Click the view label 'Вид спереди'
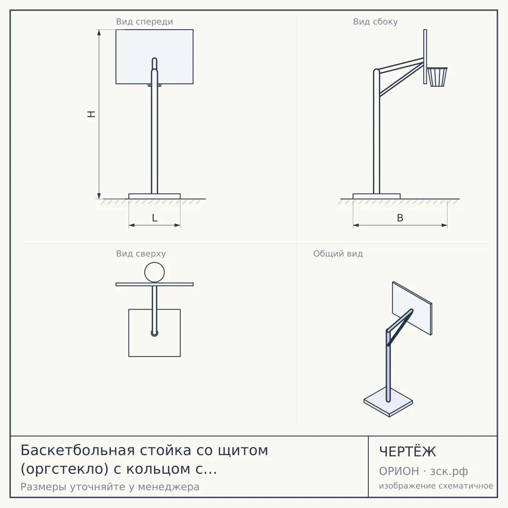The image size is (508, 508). click(144, 22)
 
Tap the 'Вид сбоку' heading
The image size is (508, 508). click(375, 22)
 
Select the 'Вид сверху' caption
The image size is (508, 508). click(141, 254)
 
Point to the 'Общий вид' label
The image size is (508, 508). click(338, 254)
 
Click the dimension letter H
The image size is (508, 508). click(91, 114)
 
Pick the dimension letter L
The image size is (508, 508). click(155, 218)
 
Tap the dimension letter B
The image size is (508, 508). click(400, 218)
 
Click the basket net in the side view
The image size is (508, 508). click(437, 77)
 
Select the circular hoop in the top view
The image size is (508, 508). click(155, 262)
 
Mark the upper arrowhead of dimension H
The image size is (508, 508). click(99, 32)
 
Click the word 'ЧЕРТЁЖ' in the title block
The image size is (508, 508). click(408, 452)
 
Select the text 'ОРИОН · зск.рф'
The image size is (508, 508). click(423, 472)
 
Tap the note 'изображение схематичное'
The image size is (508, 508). click(436, 486)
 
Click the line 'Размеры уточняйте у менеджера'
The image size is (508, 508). click(110, 487)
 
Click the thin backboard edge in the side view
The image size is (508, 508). click(425, 57)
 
